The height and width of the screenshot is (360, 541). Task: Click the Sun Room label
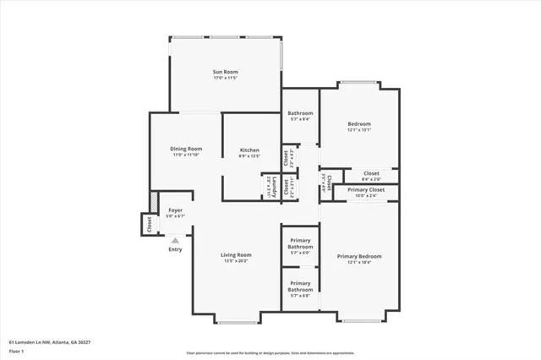pyautogui.click(x=225, y=73)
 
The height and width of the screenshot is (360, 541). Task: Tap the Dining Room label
pyautogui.click(x=187, y=149)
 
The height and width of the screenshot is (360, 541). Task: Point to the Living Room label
pyautogui.click(x=237, y=254)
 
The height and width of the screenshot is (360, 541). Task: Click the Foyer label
pyautogui.click(x=175, y=210)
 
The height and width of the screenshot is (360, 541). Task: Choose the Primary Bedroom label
pyautogui.click(x=359, y=256)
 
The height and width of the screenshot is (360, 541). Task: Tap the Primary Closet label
pyautogui.click(x=365, y=190)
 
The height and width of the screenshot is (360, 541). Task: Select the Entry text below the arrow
pyautogui.click(x=175, y=249)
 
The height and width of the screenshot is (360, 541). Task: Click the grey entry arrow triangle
pyautogui.click(x=175, y=240)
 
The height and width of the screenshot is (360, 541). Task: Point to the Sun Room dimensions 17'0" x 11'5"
pyautogui.click(x=225, y=79)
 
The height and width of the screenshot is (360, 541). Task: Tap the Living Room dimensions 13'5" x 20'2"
pyautogui.click(x=237, y=260)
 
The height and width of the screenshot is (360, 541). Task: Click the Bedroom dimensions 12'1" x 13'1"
pyautogui.click(x=359, y=130)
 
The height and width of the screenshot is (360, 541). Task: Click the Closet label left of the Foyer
pyautogui.click(x=149, y=225)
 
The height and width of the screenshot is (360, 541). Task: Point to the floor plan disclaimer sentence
pyautogui.click(x=270, y=352)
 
